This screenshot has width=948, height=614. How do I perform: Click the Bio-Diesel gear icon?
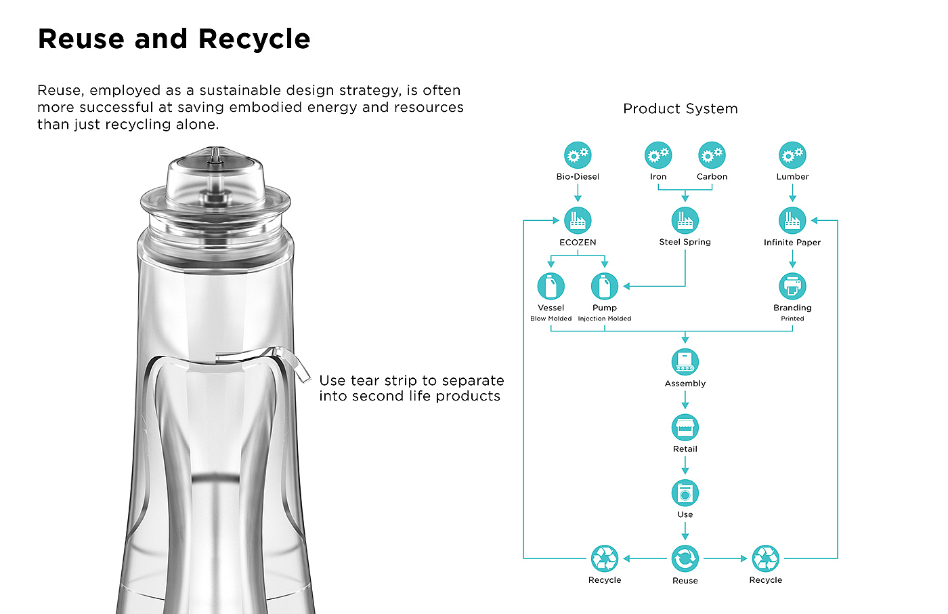578,155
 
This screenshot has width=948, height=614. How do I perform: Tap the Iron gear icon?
658,155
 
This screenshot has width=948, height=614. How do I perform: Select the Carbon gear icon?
712,155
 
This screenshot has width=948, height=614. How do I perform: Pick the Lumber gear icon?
792,155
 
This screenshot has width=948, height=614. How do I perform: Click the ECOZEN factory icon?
578,220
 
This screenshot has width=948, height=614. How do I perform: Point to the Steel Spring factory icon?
685,220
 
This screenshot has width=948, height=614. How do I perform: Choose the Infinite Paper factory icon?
792,220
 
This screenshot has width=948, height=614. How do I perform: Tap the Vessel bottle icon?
551,286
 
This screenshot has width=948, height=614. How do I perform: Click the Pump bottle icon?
605,286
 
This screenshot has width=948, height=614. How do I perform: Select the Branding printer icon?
792,286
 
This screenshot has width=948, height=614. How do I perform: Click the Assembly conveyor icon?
685,362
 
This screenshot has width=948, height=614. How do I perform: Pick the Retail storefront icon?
685,428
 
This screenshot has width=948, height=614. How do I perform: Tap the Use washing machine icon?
685,493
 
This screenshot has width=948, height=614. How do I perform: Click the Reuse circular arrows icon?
685,558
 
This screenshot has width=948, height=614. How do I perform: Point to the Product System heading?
681,109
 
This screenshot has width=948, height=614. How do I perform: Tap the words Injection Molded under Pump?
605,319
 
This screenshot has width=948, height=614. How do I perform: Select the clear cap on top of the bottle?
215,180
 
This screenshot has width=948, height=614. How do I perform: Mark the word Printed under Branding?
792,319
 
